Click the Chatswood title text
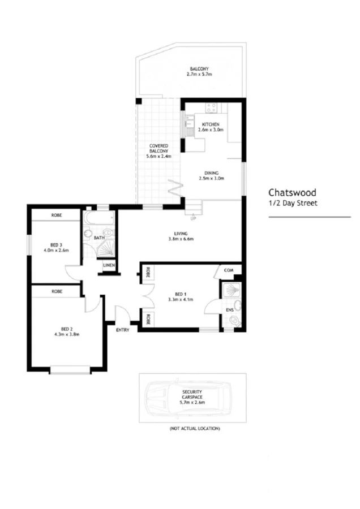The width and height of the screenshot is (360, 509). click(x=293, y=192)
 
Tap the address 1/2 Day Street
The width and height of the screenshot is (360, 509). click(x=293, y=204)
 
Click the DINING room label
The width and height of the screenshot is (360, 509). click(x=212, y=173)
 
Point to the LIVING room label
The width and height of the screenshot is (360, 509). click(x=181, y=233)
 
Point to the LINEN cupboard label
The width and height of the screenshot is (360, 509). click(x=109, y=265)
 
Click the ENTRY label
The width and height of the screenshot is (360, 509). click(x=122, y=329)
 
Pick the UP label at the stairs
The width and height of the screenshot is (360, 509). click(x=193, y=218)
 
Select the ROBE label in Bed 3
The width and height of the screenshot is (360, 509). click(x=56, y=215)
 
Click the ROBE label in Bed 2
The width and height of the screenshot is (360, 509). click(x=56, y=291)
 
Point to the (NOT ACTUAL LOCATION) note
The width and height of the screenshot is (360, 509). click(x=195, y=429)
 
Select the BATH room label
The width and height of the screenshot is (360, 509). click(x=99, y=238)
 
